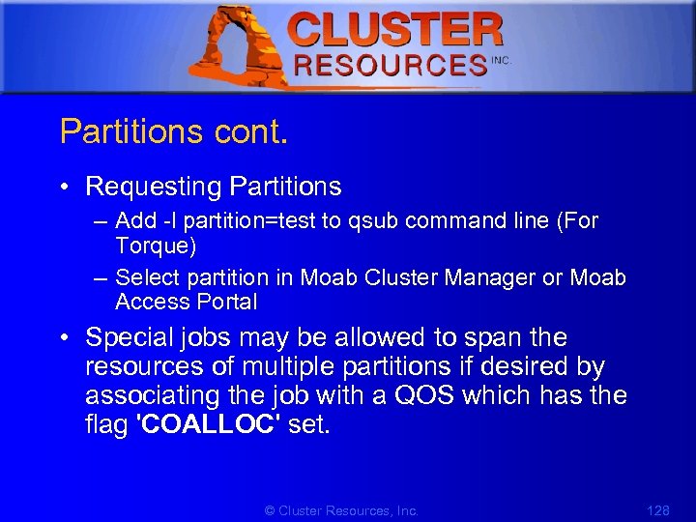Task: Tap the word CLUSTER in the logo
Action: coord(396,30)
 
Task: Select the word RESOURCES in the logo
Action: coord(390,66)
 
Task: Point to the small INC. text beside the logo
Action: coord(501,60)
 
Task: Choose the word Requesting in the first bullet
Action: coord(148,186)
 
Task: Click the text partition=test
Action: coord(240,221)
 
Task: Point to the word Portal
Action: coord(228,302)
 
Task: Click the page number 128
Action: coord(657,509)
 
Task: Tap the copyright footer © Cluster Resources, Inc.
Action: coord(341,509)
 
